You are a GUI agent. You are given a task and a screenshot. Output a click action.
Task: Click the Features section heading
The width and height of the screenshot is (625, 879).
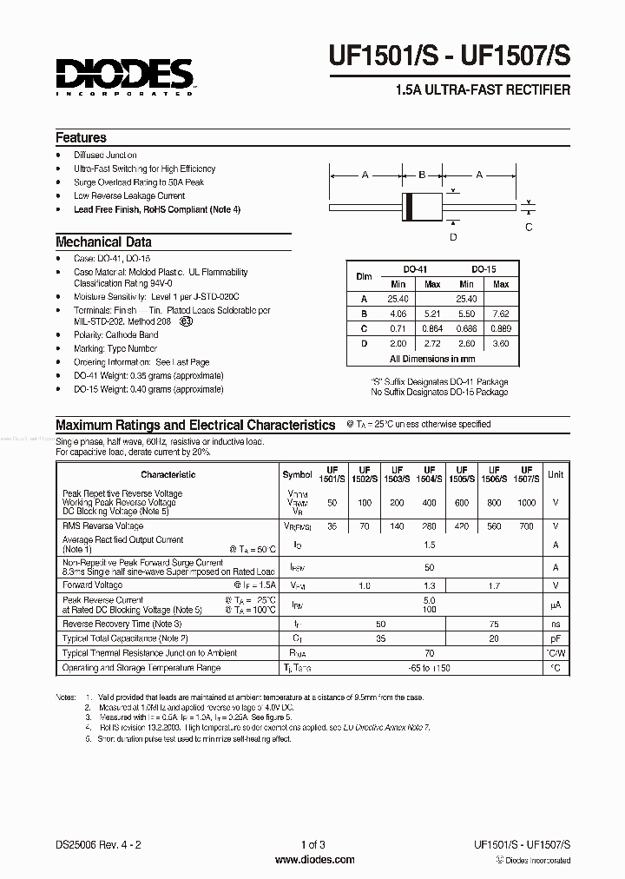pos(82,137)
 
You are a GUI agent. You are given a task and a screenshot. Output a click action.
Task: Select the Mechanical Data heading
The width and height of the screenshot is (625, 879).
pos(103,242)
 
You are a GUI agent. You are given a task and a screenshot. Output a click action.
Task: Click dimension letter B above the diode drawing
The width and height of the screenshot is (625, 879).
pos(421,175)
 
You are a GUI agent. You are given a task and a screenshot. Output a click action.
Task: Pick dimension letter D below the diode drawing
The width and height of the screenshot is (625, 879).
pos(452,236)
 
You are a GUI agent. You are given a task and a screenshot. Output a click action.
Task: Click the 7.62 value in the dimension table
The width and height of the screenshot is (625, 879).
pos(501,314)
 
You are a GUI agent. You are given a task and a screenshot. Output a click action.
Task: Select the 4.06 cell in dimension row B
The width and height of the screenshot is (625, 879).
pos(398,314)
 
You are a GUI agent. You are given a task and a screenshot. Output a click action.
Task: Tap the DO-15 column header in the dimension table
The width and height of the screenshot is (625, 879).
pos(484,270)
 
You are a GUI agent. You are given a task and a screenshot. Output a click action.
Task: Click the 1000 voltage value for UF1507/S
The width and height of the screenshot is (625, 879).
pos(527,503)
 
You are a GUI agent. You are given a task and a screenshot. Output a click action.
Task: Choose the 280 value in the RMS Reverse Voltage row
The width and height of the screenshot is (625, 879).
pos(428,526)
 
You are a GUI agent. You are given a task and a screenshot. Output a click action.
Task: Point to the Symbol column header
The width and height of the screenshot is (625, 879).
pos(298,474)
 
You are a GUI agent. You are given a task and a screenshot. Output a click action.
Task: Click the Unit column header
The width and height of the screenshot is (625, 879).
pos(556,474)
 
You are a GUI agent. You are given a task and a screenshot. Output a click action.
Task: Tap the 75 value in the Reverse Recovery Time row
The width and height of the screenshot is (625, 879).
pos(495,625)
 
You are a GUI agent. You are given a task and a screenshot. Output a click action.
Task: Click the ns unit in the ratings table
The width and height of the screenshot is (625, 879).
pos(556,625)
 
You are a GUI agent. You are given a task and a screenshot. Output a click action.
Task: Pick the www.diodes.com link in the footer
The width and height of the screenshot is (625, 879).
pos(312,860)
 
